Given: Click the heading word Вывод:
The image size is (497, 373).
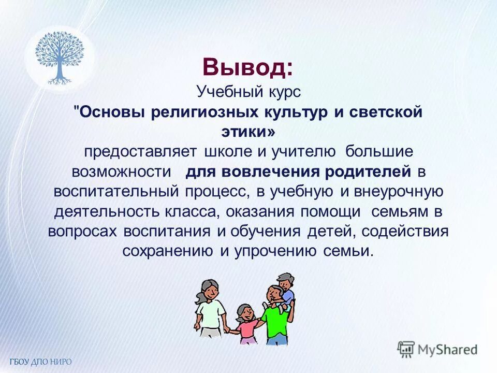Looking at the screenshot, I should [247, 67].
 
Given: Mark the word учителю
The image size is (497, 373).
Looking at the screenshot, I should [297, 152].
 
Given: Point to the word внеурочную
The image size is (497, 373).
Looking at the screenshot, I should [398, 191].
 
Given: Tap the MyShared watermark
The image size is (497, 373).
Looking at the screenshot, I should [437, 349].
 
